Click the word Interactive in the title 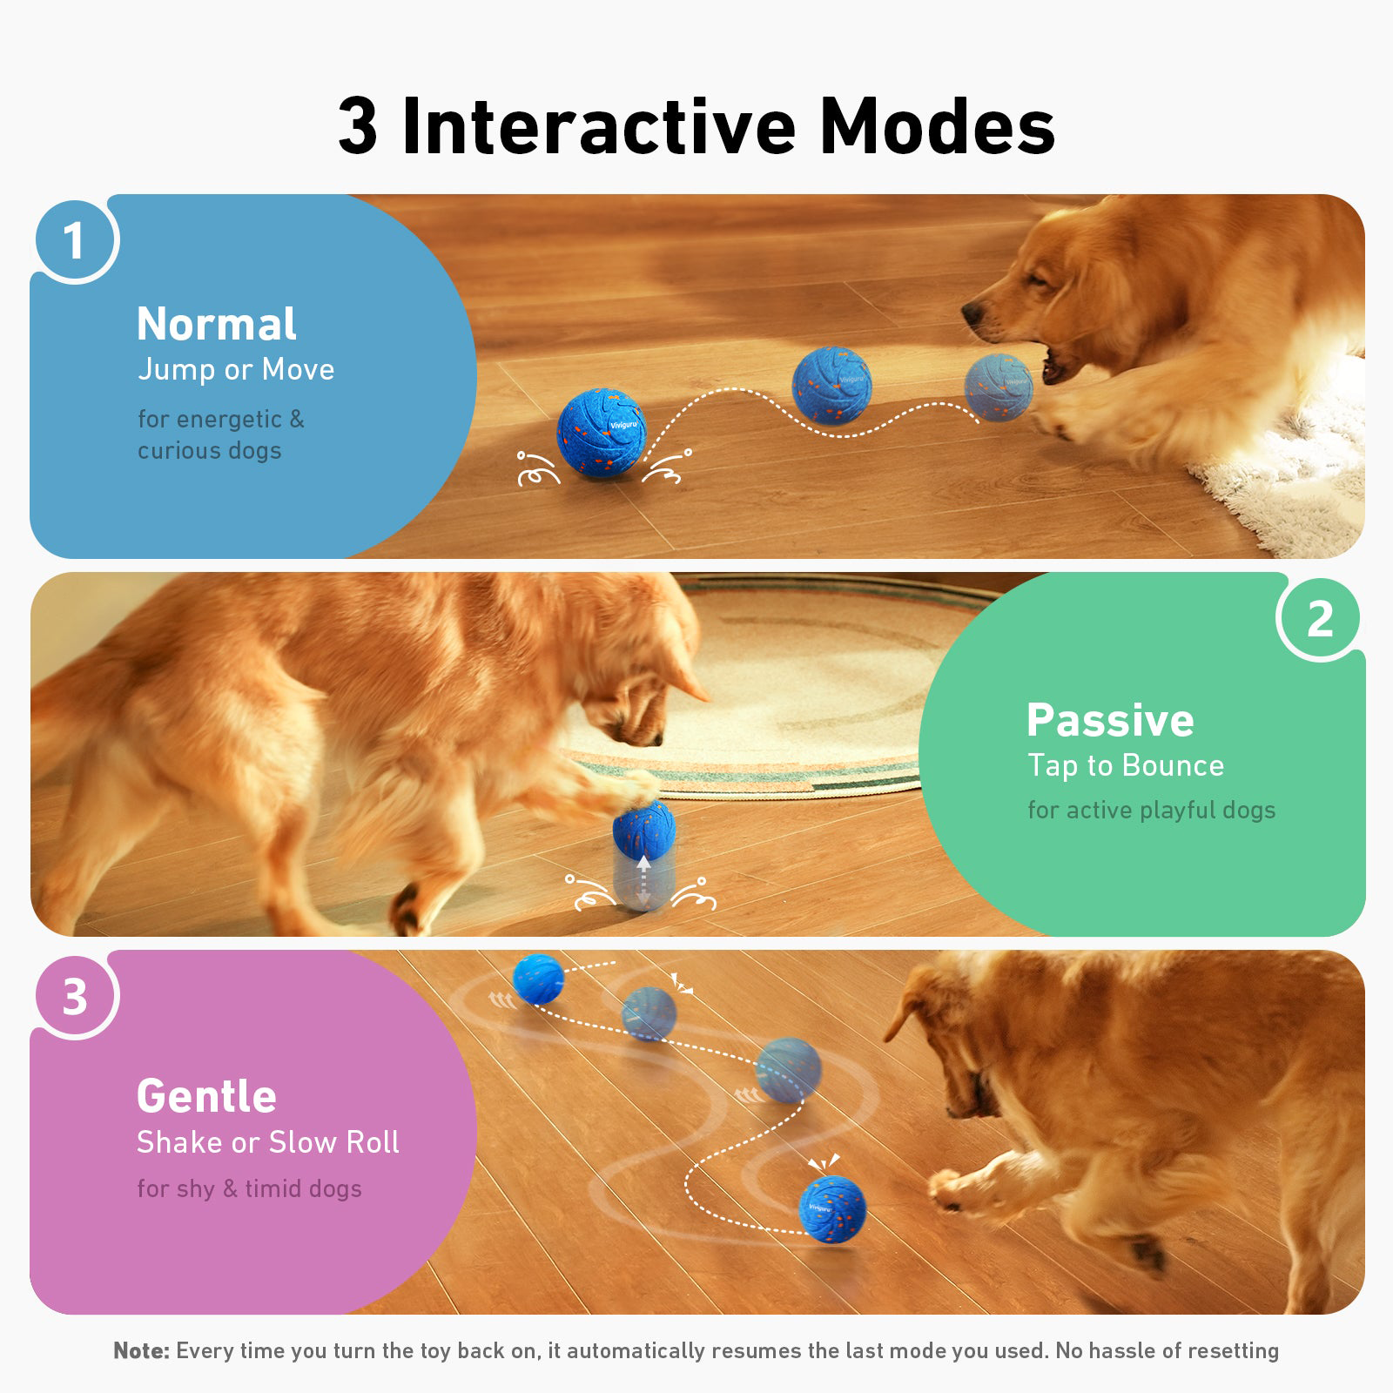[x=599, y=126]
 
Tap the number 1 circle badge [x=75, y=239]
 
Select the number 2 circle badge [x=1321, y=618]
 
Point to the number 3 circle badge [x=75, y=996]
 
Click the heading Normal [x=217, y=324]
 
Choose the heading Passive [x=1110, y=720]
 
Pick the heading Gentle [x=206, y=1095]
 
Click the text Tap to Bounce [x=1126, y=766]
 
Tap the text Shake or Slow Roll [x=268, y=1142]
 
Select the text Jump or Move [x=236, y=370]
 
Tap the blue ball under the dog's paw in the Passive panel [x=644, y=828]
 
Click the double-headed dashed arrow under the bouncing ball [x=643, y=881]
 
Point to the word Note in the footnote [x=142, y=1350]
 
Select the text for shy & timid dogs [x=249, y=1189]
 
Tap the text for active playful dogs [x=1151, y=811]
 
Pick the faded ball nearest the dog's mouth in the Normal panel [x=998, y=387]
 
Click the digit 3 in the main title [x=358, y=126]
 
